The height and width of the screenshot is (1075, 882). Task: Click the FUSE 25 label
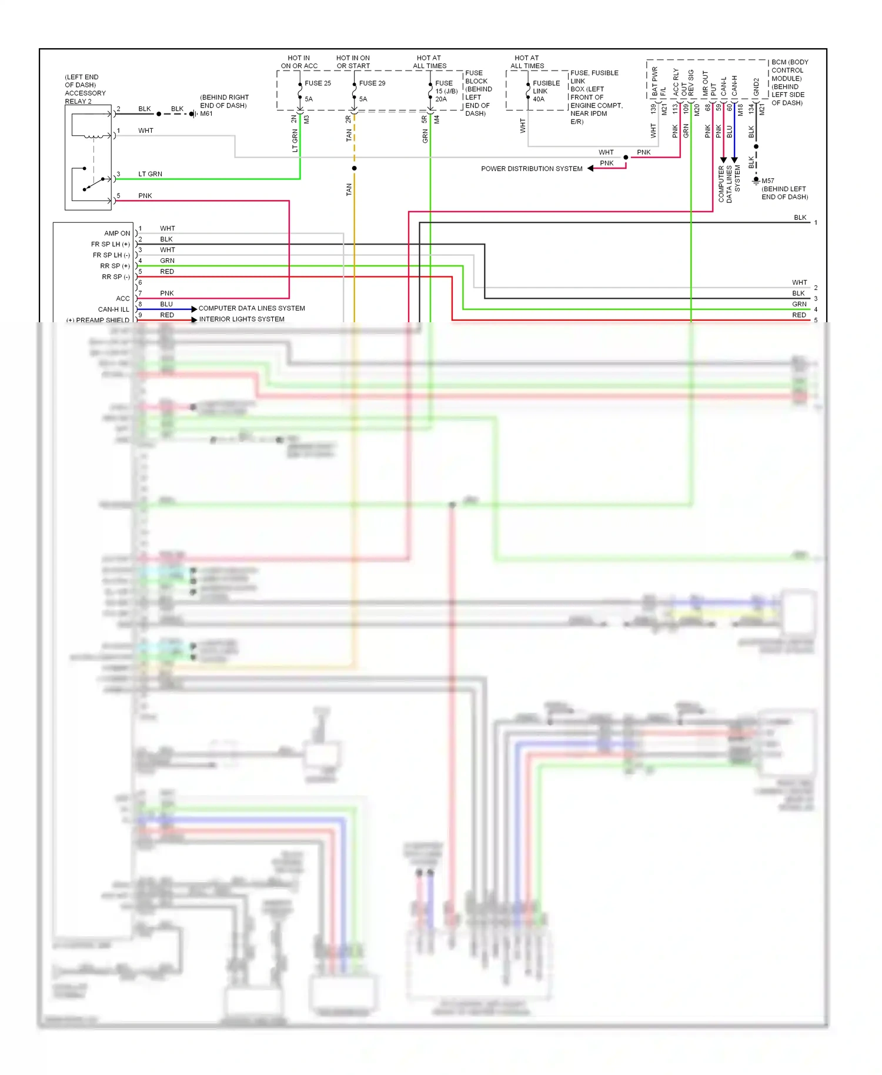(x=318, y=83)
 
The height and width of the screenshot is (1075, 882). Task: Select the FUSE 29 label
(x=372, y=83)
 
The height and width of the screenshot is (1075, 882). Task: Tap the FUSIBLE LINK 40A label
(x=546, y=91)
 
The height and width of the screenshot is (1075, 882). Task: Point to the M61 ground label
(x=206, y=113)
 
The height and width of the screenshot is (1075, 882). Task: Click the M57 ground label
(x=768, y=181)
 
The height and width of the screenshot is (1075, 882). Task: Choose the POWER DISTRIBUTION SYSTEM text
(x=532, y=169)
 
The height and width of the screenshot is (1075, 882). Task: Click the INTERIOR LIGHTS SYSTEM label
(x=242, y=319)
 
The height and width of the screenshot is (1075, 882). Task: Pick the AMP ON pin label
(x=117, y=233)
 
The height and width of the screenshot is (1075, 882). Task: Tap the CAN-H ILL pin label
(x=113, y=309)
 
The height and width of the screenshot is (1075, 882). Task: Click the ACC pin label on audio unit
(x=122, y=299)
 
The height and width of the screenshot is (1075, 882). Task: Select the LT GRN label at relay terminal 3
(x=150, y=174)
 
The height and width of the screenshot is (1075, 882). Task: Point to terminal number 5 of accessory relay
(x=118, y=196)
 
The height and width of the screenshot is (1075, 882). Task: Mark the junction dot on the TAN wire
(x=354, y=168)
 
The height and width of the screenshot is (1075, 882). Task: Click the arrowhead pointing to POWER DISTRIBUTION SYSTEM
(x=590, y=169)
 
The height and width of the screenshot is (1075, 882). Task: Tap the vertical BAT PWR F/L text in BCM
(x=659, y=82)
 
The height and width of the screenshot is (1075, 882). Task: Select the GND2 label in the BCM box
(x=756, y=87)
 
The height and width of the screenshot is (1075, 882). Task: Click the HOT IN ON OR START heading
(x=353, y=62)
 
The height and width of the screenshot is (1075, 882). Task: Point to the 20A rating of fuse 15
(x=441, y=99)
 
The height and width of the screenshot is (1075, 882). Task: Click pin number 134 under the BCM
(x=751, y=109)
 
